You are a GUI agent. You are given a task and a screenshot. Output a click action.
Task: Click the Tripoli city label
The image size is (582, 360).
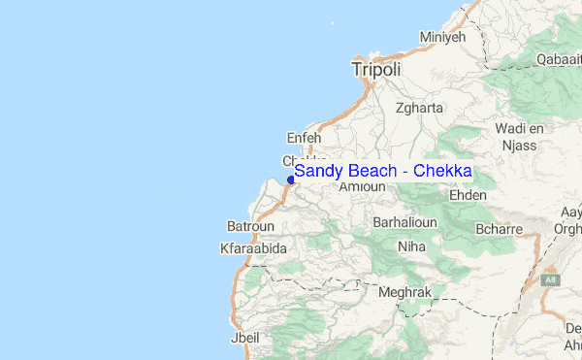coord(375,70)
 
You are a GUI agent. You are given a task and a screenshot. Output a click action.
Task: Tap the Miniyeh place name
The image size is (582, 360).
coord(442,37)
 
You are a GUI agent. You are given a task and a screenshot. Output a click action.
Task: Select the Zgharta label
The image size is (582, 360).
coord(417,109)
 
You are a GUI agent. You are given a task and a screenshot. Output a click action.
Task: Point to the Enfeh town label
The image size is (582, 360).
coord(304,138)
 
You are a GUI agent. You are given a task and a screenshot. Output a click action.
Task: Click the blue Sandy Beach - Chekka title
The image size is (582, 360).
coord(382,171)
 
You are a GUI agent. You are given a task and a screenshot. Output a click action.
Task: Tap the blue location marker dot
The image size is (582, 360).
coord(290,180)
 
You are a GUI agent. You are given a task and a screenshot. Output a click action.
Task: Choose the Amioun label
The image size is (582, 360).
coord(357,186)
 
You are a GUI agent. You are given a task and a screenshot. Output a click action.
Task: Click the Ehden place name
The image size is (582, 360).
coord(468,194)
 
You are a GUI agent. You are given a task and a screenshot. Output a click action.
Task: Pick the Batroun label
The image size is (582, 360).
coord(249,226)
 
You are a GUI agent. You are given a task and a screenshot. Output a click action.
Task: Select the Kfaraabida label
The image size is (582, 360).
coord(253,249)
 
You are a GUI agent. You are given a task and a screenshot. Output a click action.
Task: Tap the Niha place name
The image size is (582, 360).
coord(411,246)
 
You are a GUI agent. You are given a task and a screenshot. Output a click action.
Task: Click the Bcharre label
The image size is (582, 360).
coord(500,230)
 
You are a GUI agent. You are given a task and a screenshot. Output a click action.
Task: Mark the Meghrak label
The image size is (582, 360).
coord(404,291)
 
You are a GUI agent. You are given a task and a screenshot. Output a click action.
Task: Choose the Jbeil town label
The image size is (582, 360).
coord(243,339)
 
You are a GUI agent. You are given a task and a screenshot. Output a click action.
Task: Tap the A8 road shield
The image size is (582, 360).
coord(552,278)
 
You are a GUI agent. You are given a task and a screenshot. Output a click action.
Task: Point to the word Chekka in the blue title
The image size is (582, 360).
coord(442,171)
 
